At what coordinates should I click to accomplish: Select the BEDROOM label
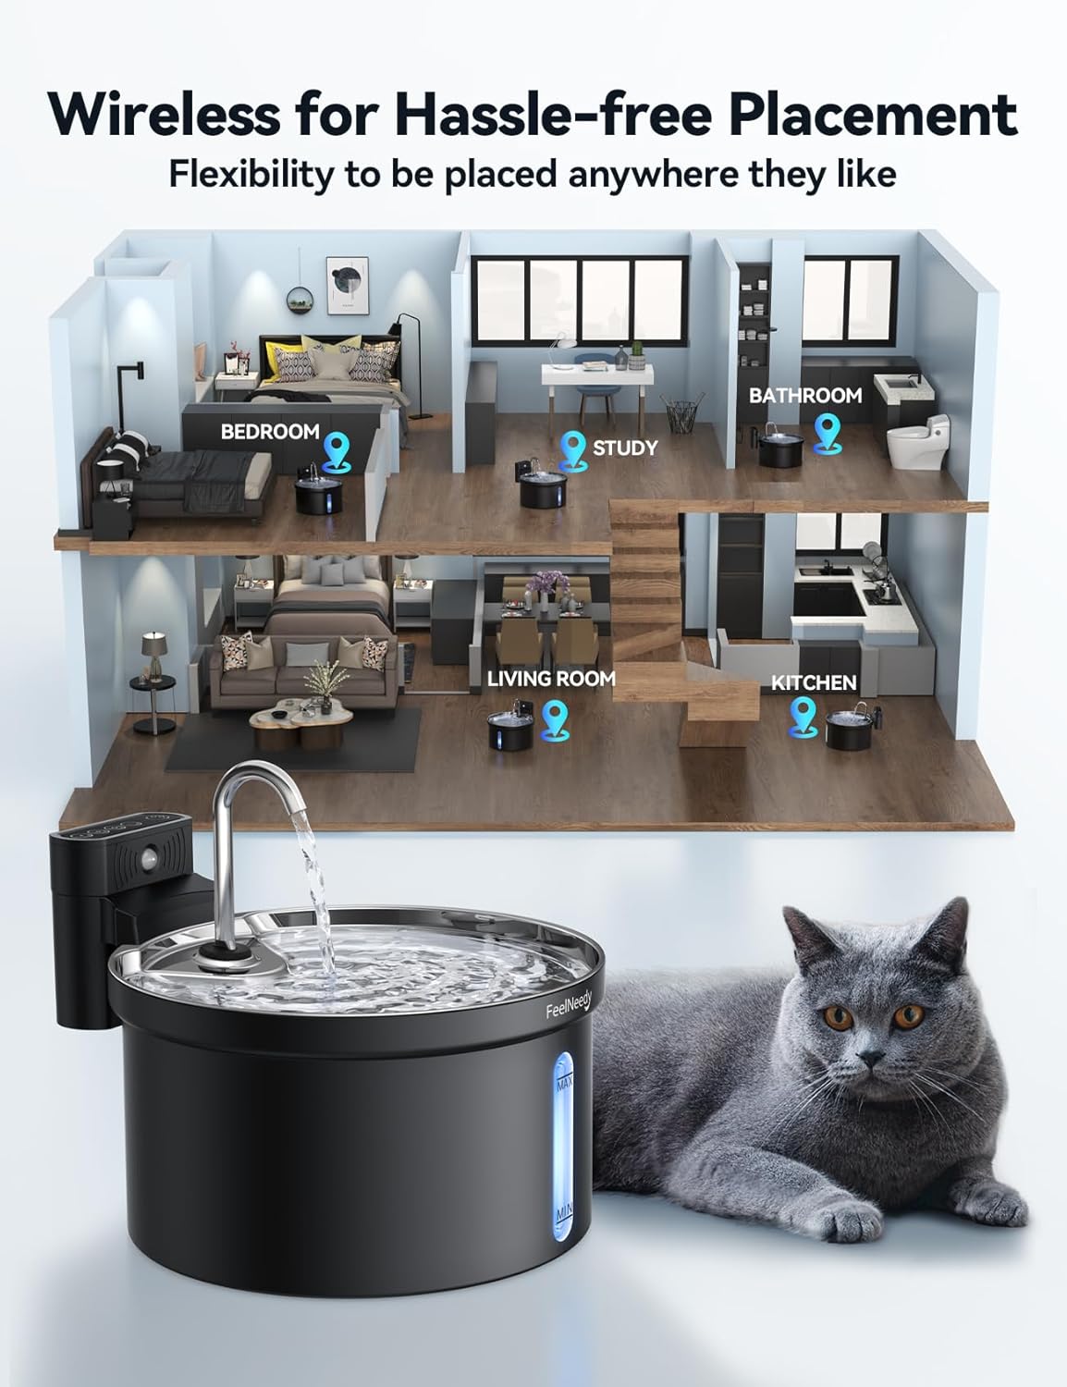[270, 432]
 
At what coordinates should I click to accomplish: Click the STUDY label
[625, 448]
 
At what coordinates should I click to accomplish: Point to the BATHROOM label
[804, 396]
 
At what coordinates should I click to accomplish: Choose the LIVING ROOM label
[551, 678]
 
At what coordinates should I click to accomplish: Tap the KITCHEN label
[814, 682]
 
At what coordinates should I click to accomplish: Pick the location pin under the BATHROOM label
[826, 432]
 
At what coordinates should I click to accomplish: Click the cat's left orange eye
[838, 1018]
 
